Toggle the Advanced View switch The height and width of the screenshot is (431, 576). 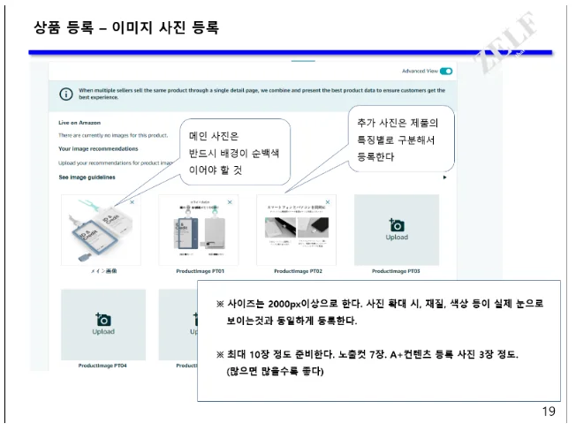click(446, 71)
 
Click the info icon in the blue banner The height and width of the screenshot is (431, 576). click(65, 94)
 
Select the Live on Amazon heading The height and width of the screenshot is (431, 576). click(81, 122)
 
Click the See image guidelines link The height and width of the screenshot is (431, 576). click(87, 177)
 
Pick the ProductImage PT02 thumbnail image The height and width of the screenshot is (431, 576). click(296, 229)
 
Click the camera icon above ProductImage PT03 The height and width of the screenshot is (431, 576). click(397, 226)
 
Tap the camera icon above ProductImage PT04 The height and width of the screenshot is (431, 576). click(103, 320)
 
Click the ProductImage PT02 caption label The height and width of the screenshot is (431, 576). click(298, 271)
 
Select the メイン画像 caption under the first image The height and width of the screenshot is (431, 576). click(102, 271)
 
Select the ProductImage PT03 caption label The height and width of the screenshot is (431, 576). click(396, 271)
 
